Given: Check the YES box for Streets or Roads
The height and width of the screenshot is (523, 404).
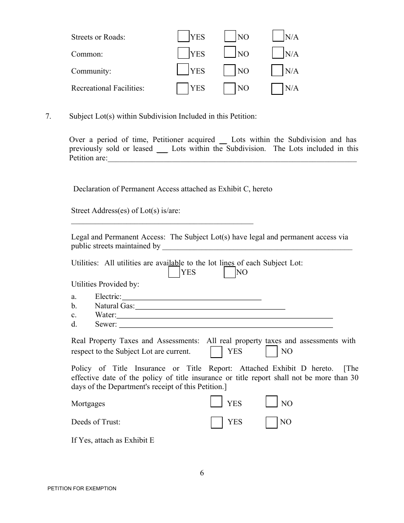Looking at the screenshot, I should point(183,37).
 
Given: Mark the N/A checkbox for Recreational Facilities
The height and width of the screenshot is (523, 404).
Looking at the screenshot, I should point(277,88).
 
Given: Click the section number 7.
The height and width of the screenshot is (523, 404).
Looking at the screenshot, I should point(48,116).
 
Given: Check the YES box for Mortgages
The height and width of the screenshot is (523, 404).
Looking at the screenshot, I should point(216,402).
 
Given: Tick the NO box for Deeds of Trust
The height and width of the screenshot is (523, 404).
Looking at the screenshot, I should point(272,422).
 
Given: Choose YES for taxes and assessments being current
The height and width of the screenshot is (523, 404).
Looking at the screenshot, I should point(216,352).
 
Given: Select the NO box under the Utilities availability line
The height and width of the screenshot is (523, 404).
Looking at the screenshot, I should point(230,272).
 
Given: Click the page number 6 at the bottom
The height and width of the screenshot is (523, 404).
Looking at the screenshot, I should point(202,473).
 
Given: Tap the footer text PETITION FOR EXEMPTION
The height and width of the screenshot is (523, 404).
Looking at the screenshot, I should point(82,489).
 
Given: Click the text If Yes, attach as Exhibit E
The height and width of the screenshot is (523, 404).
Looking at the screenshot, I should point(113,441).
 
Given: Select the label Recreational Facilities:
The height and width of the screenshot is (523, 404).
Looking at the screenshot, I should point(108,88).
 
